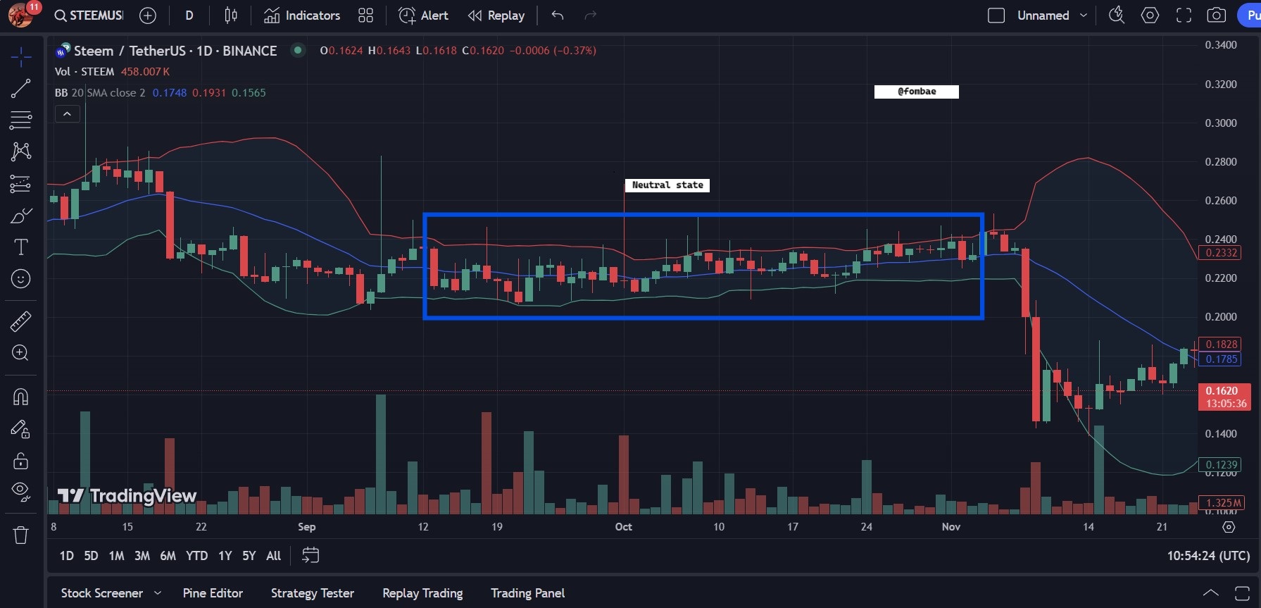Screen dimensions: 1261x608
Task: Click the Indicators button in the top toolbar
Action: [x=302, y=15]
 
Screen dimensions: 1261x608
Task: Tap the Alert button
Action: [x=423, y=15]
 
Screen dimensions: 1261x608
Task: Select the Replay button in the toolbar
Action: [x=496, y=15]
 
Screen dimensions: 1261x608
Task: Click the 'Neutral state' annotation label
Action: [x=667, y=185]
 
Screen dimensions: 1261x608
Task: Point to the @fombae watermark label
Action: [x=917, y=92]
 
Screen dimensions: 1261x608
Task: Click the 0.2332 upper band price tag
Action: [x=1221, y=253]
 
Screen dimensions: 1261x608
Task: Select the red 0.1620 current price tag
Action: [x=1224, y=397]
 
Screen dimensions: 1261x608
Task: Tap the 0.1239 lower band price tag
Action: [x=1221, y=465]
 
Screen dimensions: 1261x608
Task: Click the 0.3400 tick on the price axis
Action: [x=1221, y=45]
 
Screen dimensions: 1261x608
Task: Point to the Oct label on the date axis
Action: [x=624, y=527]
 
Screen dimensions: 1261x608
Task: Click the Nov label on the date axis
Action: [x=951, y=527]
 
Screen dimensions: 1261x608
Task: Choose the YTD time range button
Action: [x=196, y=556]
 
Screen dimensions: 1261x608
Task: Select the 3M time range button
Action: [x=142, y=556]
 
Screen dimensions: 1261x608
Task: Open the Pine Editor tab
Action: [x=213, y=593]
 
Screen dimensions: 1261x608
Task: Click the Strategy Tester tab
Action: [x=313, y=593]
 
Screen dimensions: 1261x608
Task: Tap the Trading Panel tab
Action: [x=528, y=593]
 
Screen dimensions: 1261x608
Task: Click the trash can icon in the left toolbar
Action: [x=21, y=535]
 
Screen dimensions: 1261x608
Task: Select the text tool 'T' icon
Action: [x=21, y=247]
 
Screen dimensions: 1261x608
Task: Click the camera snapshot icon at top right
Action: [x=1217, y=15]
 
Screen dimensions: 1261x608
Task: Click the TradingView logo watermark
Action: [x=127, y=496]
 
